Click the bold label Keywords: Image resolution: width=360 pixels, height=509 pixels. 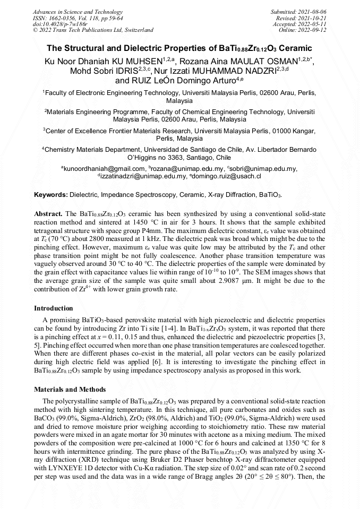(50, 195)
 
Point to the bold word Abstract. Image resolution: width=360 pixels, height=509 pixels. (48, 213)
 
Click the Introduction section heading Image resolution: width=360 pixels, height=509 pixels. (54, 308)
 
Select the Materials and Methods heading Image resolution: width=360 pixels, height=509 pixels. (70, 390)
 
